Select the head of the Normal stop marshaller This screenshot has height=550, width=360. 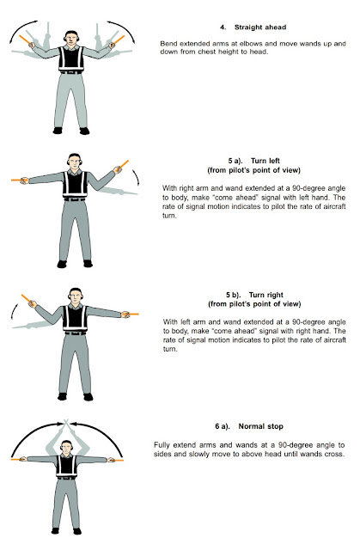[x=70, y=452]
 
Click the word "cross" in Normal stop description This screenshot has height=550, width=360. [x=330, y=454]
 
